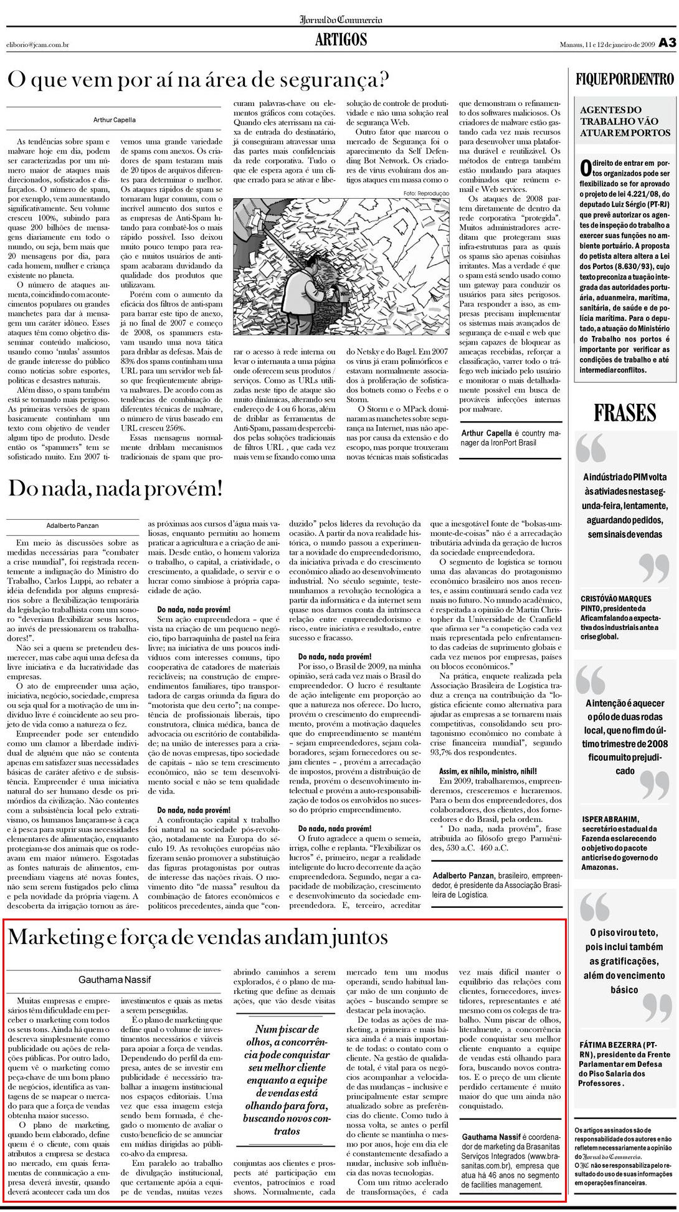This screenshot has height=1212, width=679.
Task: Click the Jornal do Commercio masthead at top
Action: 341,19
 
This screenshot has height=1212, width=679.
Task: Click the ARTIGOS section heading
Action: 341,41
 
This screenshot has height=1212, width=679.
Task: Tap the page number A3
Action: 667,43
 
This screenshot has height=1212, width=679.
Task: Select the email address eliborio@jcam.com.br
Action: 37,44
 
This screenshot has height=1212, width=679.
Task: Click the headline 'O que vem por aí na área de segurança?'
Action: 198,80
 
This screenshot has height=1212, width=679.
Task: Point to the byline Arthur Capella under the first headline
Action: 114,119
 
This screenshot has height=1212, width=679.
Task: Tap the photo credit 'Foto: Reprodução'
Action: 425,193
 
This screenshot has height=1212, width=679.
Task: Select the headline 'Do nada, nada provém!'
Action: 115,488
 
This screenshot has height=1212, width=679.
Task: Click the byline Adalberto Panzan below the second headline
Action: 73,525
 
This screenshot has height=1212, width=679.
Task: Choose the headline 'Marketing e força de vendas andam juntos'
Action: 197,937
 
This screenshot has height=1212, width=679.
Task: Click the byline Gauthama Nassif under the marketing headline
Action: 114,980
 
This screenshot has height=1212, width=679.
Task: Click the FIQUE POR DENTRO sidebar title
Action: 625,80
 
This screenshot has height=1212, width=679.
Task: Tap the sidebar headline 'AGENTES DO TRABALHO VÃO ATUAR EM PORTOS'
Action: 625,122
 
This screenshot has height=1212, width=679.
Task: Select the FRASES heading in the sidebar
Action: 624,413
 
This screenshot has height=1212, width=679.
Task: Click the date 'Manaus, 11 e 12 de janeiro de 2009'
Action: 606,44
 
